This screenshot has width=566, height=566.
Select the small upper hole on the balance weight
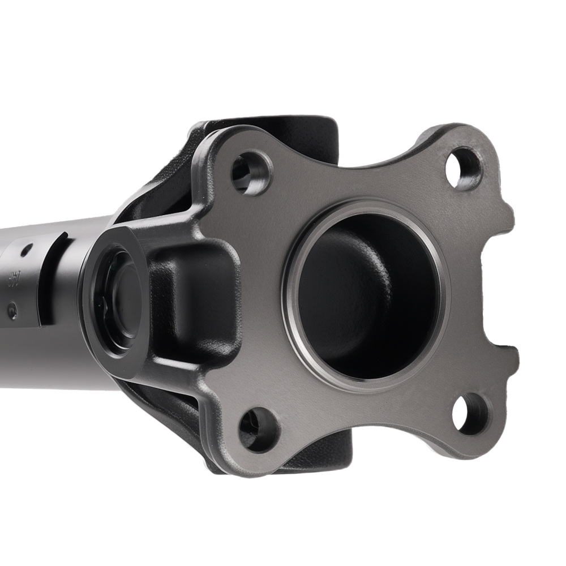pyautogui.click(x=25, y=250)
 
